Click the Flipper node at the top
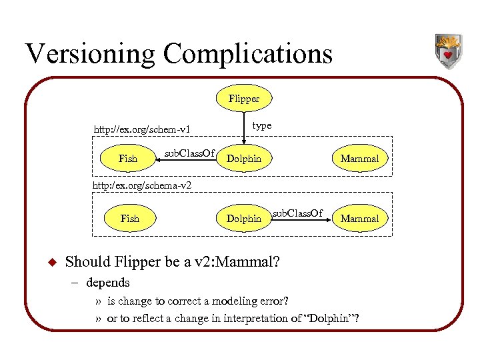pyautogui.click(x=244, y=99)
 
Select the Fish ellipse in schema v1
pyautogui.click(x=127, y=159)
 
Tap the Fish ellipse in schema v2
pyautogui.click(x=130, y=219)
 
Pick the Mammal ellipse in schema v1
pyautogui.click(x=359, y=159)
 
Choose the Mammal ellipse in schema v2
pyautogui.click(x=359, y=219)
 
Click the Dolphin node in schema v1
pyautogui.click(x=244, y=159)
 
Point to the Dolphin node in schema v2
pyautogui.click(x=244, y=219)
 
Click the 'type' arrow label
pyautogui.click(x=262, y=125)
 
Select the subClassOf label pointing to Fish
pyautogui.click(x=189, y=153)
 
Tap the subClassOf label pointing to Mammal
pyautogui.click(x=297, y=213)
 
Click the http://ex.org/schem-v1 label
pyautogui.click(x=143, y=129)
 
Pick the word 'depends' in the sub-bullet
pyautogui.click(x=108, y=283)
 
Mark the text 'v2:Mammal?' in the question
pyautogui.click(x=244, y=261)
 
